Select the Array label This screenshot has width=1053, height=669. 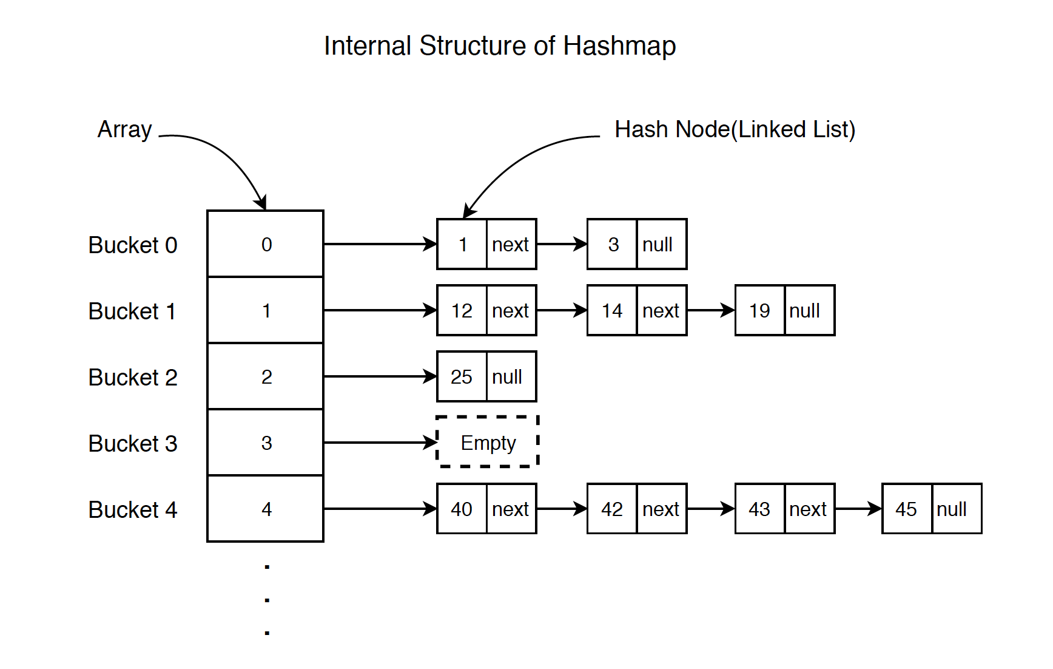(124, 130)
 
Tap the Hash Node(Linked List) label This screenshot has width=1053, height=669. (735, 130)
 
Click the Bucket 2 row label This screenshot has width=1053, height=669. (133, 378)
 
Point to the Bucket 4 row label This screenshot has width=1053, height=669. (133, 510)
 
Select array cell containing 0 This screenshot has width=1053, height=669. (266, 244)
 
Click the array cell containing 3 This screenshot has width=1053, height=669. (266, 443)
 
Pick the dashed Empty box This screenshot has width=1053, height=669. (488, 442)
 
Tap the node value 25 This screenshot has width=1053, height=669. (462, 376)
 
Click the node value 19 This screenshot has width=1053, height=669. (759, 310)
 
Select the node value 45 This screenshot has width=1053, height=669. (906, 509)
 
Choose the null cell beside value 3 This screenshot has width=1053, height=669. (661, 244)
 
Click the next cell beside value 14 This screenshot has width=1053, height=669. (661, 310)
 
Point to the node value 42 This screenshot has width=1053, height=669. (612, 509)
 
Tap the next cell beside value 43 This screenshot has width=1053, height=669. (809, 509)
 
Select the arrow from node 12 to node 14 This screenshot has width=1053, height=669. (562, 310)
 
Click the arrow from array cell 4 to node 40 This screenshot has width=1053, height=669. (380, 509)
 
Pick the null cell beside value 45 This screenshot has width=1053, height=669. (956, 509)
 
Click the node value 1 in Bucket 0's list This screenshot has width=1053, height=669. (462, 244)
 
